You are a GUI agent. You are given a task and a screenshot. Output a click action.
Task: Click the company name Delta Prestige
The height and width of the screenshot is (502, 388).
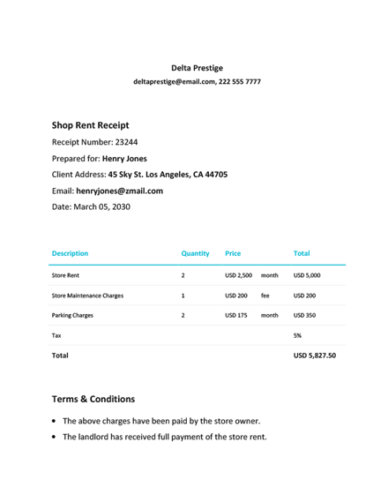(197, 68)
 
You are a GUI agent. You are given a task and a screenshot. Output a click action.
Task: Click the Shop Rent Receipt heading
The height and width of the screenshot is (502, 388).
(91, 125)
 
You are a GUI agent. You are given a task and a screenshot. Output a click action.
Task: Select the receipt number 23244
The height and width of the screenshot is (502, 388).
(120, 142)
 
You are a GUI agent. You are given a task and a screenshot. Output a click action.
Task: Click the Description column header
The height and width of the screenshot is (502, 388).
(70, 253)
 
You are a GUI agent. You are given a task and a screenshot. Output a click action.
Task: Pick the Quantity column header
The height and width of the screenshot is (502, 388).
(195, 253)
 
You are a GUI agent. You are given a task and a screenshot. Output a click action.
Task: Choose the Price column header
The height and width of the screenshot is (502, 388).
(234, 253)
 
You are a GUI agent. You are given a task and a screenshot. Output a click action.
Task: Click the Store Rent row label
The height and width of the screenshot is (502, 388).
(66, 275)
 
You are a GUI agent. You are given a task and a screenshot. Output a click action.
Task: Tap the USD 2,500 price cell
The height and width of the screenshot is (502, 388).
(238, 275)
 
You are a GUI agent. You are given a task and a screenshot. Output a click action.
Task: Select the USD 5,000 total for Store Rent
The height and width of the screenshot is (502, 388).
(307, 275)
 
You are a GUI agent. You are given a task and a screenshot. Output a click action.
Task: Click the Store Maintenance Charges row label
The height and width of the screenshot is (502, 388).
(87, 296)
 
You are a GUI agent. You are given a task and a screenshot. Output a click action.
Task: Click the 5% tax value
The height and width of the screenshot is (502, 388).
(297, 335)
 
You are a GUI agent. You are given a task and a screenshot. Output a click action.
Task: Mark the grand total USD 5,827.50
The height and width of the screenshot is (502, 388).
(314, 356)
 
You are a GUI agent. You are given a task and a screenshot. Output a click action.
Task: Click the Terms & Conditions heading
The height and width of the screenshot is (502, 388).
(93, 399)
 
